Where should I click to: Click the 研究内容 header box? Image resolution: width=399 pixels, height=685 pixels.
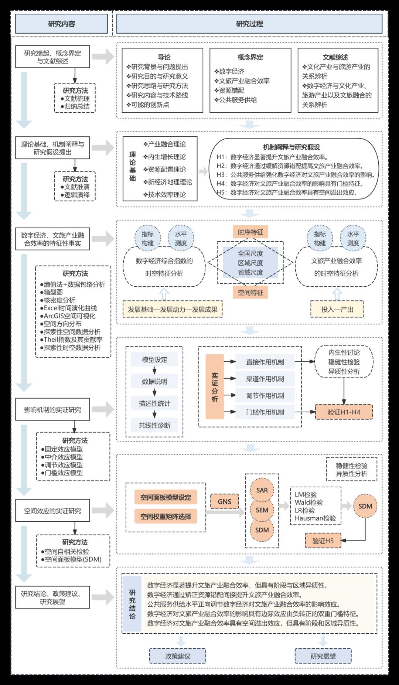coord(61,24)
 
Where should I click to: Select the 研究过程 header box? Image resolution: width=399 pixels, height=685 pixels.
coord(249,24)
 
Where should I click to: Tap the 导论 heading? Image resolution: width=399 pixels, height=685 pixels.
coord(164,57)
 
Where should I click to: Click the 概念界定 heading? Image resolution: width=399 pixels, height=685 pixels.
coord(250,57)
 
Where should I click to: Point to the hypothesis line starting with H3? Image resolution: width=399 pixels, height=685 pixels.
coord(296,175)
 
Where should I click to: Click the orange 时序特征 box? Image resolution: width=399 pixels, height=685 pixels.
coord(250,232)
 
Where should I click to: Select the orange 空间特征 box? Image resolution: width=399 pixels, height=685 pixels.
coord(250,293)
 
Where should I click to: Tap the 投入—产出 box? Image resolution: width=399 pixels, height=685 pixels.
coord(337,309)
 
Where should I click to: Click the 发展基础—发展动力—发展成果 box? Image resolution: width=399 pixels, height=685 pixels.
coord(173,309)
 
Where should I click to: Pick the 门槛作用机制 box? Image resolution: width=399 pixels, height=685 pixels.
coord(265,412)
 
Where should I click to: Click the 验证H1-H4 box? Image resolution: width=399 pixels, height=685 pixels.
coord(344,412)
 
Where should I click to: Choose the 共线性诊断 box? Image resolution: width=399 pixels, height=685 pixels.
coord(154,425)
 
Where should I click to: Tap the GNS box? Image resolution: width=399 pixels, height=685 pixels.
coord(224,502)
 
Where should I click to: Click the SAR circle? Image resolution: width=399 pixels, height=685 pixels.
coord(262,490)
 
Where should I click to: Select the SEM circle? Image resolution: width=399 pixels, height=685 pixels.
coord(262,510)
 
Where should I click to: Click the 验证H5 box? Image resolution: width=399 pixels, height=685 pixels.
coord(323,541)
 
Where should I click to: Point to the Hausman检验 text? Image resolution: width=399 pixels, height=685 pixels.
coord(315,518)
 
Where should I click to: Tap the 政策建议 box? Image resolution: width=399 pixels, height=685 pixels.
coord(178,656)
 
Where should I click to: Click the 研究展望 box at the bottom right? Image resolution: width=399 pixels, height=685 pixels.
coord(323,656)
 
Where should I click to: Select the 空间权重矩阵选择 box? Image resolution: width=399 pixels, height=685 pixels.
coord(166,517)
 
